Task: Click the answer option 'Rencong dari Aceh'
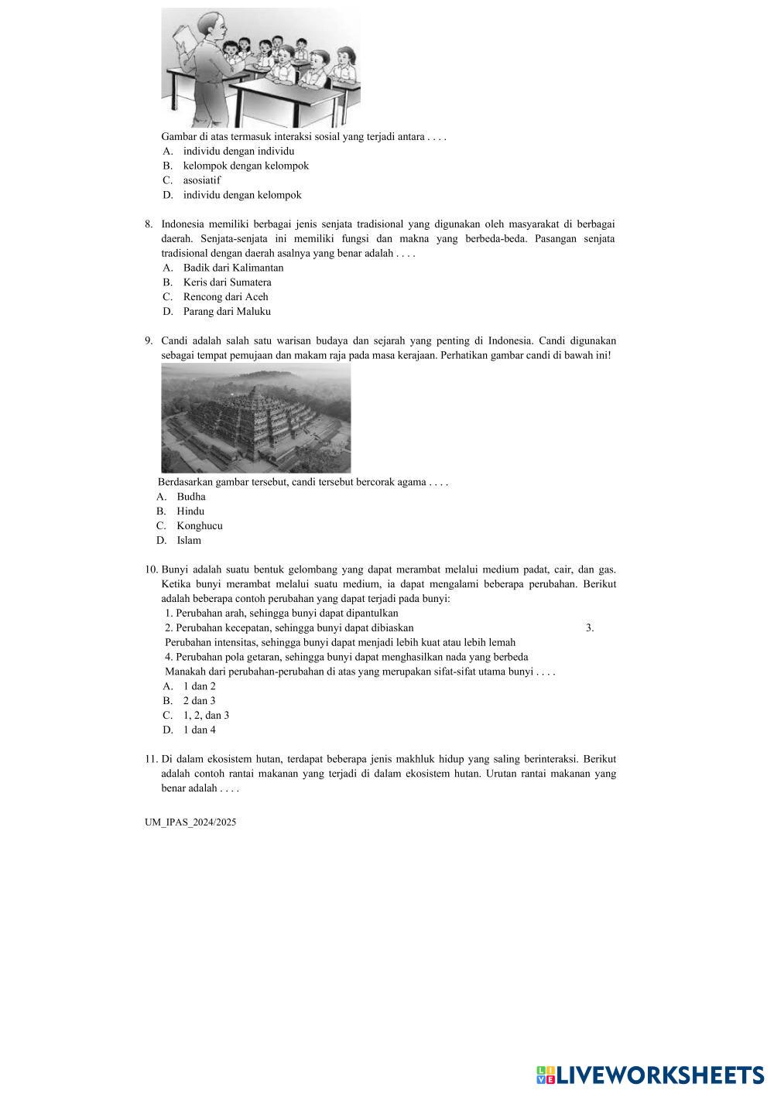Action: pyautogui.click(x=225, y=297)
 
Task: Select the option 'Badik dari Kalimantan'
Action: pyautogui.click(x=233, y=268)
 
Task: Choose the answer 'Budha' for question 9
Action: pyautogui.click(x=190, y=497)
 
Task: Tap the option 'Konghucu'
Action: pyautogui.click(x=199, y=526)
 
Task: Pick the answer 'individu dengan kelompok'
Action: pyautogui.click(x=241, y=195)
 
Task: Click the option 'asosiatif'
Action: pyautogui.click(x=201, y=180)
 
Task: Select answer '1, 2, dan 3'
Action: pyautogui.click(x=206, y=716)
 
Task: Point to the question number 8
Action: pyautogui.click(x=149, y=224)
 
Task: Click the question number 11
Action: pyautogui.click(x=151, y=760)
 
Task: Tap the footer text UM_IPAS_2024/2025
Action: pyautogui.click(x=190, y=822)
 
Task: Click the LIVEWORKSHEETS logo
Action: pyautogui.click(x=650, y=1075)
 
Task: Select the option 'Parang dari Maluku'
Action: pyautogui.click(x=227, y=312)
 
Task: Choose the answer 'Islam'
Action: pyautogui.click(x=188, y=541)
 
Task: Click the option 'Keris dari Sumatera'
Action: pyautogui.click(x=227, y=282)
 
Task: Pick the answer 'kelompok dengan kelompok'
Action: pyautogui.click(x=245, y=166)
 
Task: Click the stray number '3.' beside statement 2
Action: pyautogui.click(x=590, y=627)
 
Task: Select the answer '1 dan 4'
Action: pyautogui.click(x=199, y=730)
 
